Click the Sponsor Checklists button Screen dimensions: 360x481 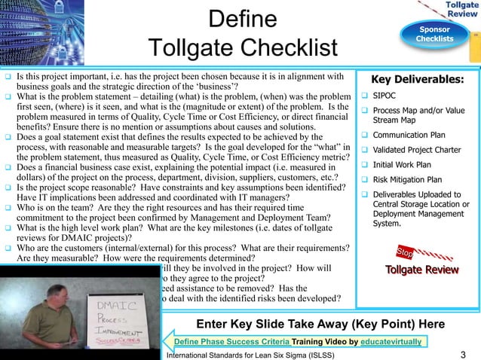click(x=436, y=34)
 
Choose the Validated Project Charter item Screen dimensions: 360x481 click(x=418, y=151)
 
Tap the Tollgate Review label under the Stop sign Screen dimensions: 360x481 click(x=421, y=270)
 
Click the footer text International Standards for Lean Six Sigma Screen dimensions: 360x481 click(x=263, y=355)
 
